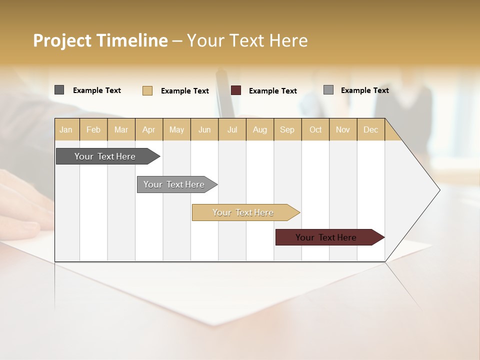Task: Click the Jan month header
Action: coord(66,129)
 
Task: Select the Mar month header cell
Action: coord(121,129)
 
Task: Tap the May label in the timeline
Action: coord(176,129)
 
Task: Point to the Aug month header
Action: coord(259,129)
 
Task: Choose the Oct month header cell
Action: coord(315,129)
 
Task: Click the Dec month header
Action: coord(370,129)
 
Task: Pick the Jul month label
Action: coord(232,129)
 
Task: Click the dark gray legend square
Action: coord(59,90)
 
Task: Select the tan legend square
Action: coord(147,90)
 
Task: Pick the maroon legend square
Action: coord(236,90)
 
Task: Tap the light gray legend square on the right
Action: coord(328,90)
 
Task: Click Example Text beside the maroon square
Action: coord(272,91)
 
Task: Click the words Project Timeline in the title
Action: coord(100,40)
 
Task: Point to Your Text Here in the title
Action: coord(247,40)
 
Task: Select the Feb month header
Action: coord(93,129)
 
